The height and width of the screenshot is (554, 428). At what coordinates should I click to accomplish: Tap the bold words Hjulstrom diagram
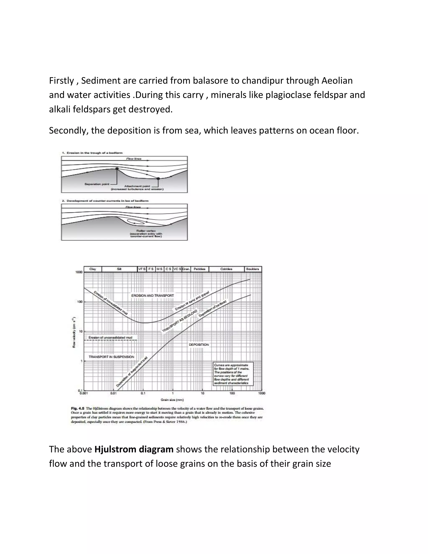pos(134,449)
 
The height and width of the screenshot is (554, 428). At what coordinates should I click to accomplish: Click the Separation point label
pos(97,184)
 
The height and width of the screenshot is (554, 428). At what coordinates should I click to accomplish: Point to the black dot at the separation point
pos(117,168)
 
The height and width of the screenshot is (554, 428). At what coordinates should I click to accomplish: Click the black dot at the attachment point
pos(158,179)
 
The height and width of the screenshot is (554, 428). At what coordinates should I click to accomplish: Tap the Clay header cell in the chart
pos(93,269)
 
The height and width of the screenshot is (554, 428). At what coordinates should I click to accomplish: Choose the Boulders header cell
pos(252,269)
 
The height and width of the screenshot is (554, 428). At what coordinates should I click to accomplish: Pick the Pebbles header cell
pos(200,269)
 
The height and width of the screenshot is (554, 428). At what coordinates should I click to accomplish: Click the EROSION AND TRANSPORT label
pos(153,296)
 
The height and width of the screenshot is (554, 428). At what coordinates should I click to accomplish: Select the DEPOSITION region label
pos(199,345)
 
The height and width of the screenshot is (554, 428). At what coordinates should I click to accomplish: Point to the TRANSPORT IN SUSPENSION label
pos(111,357)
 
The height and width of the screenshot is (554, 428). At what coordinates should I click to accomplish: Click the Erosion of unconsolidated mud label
pos(110,338)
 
